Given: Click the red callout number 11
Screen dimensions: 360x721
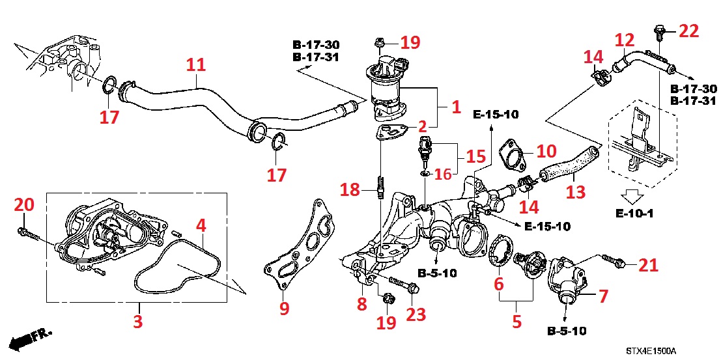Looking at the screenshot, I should pyautogui.click(x=195, y=64).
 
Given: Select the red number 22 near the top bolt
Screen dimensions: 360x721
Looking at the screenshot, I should pyautogui.click(x=688, y=30).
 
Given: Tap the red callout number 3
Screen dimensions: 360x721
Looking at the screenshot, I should pyautogui.click(x=138, y=321).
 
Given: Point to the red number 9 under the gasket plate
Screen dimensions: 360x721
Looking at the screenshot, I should pyautogui.click(x=284, y=308).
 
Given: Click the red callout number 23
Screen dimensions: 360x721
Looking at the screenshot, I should pyautogui.click(x=416, y=314).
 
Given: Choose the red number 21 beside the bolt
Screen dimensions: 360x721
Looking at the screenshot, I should pyautogui.click(x=648, y=265).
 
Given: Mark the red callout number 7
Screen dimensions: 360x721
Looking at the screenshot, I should pyautogui.click(x=603, y=296).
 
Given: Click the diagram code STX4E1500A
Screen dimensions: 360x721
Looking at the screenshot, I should pyautogui.click(x=651, y=351).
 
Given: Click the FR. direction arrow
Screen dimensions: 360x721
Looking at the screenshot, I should pyautogui.click(x=33, y=337).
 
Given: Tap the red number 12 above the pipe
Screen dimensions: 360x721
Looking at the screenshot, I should pyautogui.click(x=624, y=41).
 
